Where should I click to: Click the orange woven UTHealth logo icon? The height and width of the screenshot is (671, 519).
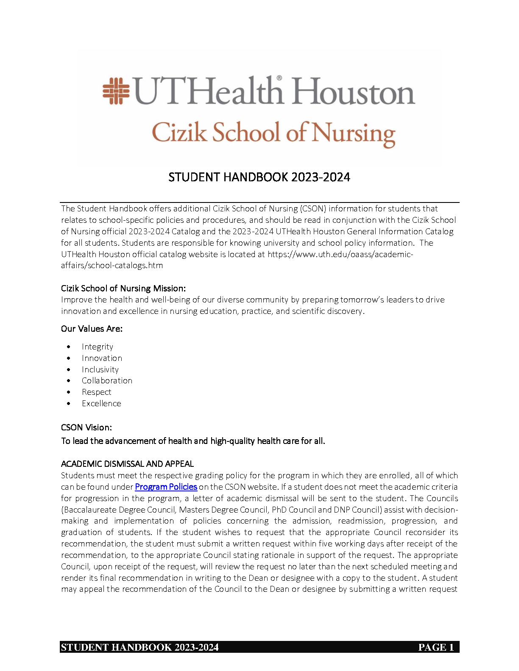(116, 91)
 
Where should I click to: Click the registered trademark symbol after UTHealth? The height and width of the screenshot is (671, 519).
(279, 78)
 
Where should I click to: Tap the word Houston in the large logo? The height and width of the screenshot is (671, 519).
(354, 92)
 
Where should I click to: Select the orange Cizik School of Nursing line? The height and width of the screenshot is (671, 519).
(273, 133)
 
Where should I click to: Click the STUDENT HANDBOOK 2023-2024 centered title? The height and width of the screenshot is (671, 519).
(259, 177)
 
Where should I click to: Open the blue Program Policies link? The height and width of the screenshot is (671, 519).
(166, 487)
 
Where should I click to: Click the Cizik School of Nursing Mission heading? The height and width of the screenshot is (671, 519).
(123, 288)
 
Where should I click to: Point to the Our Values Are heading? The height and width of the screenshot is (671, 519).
(92, 329)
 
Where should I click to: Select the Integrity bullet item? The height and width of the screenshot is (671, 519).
(98, 347)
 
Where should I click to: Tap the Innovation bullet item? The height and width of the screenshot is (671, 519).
(102, 358)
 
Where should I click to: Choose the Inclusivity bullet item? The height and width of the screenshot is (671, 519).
(100, 370)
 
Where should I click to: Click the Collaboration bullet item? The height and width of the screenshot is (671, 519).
(107, 381)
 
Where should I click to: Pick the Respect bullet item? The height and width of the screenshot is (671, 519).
(96, 392)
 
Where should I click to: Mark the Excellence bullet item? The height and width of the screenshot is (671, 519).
(101, 404)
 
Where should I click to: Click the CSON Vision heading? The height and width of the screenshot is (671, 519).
(86, 427)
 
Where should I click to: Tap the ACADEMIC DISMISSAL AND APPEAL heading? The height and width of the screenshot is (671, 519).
(127, 464)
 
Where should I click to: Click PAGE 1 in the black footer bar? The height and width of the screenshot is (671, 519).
(436, 647)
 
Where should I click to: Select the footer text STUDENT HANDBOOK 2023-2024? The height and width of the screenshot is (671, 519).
(140, 647)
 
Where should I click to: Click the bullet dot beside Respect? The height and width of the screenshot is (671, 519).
(69, 392)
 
